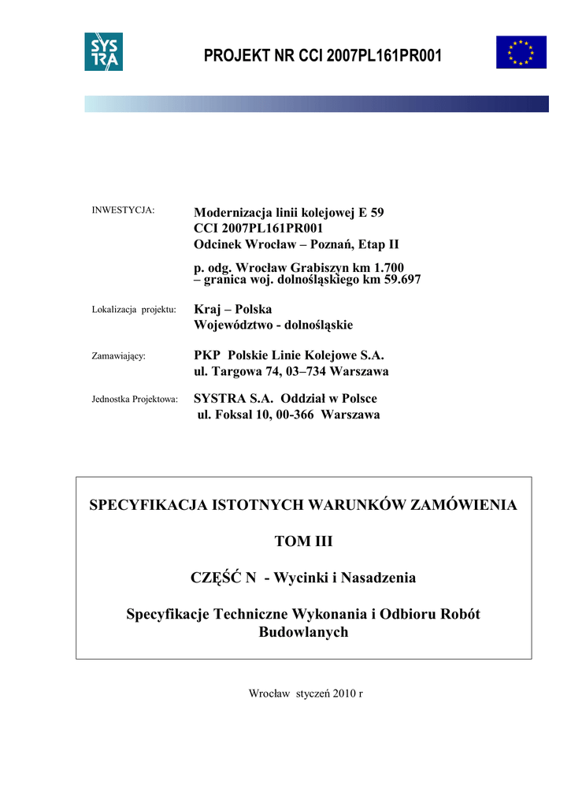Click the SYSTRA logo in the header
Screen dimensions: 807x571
[x=103, y=52]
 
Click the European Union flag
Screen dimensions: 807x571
[x=521, y=52]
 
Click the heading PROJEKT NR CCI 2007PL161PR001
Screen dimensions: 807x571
[x=323, y=56]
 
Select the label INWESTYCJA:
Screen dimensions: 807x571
[x=124, y=210]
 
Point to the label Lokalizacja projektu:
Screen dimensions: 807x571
[x=134, y=308]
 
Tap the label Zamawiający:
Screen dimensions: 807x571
[x=119, y=356]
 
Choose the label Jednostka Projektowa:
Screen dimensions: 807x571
[x=135, y=399]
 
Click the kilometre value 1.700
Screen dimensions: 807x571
[x=387, y=268]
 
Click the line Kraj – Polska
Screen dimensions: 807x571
[x=232, y=309]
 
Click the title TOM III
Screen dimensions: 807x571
[x=303, y=541]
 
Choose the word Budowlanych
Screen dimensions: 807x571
[x=303, y=632]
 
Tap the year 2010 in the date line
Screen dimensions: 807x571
[x=344, y=694]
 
